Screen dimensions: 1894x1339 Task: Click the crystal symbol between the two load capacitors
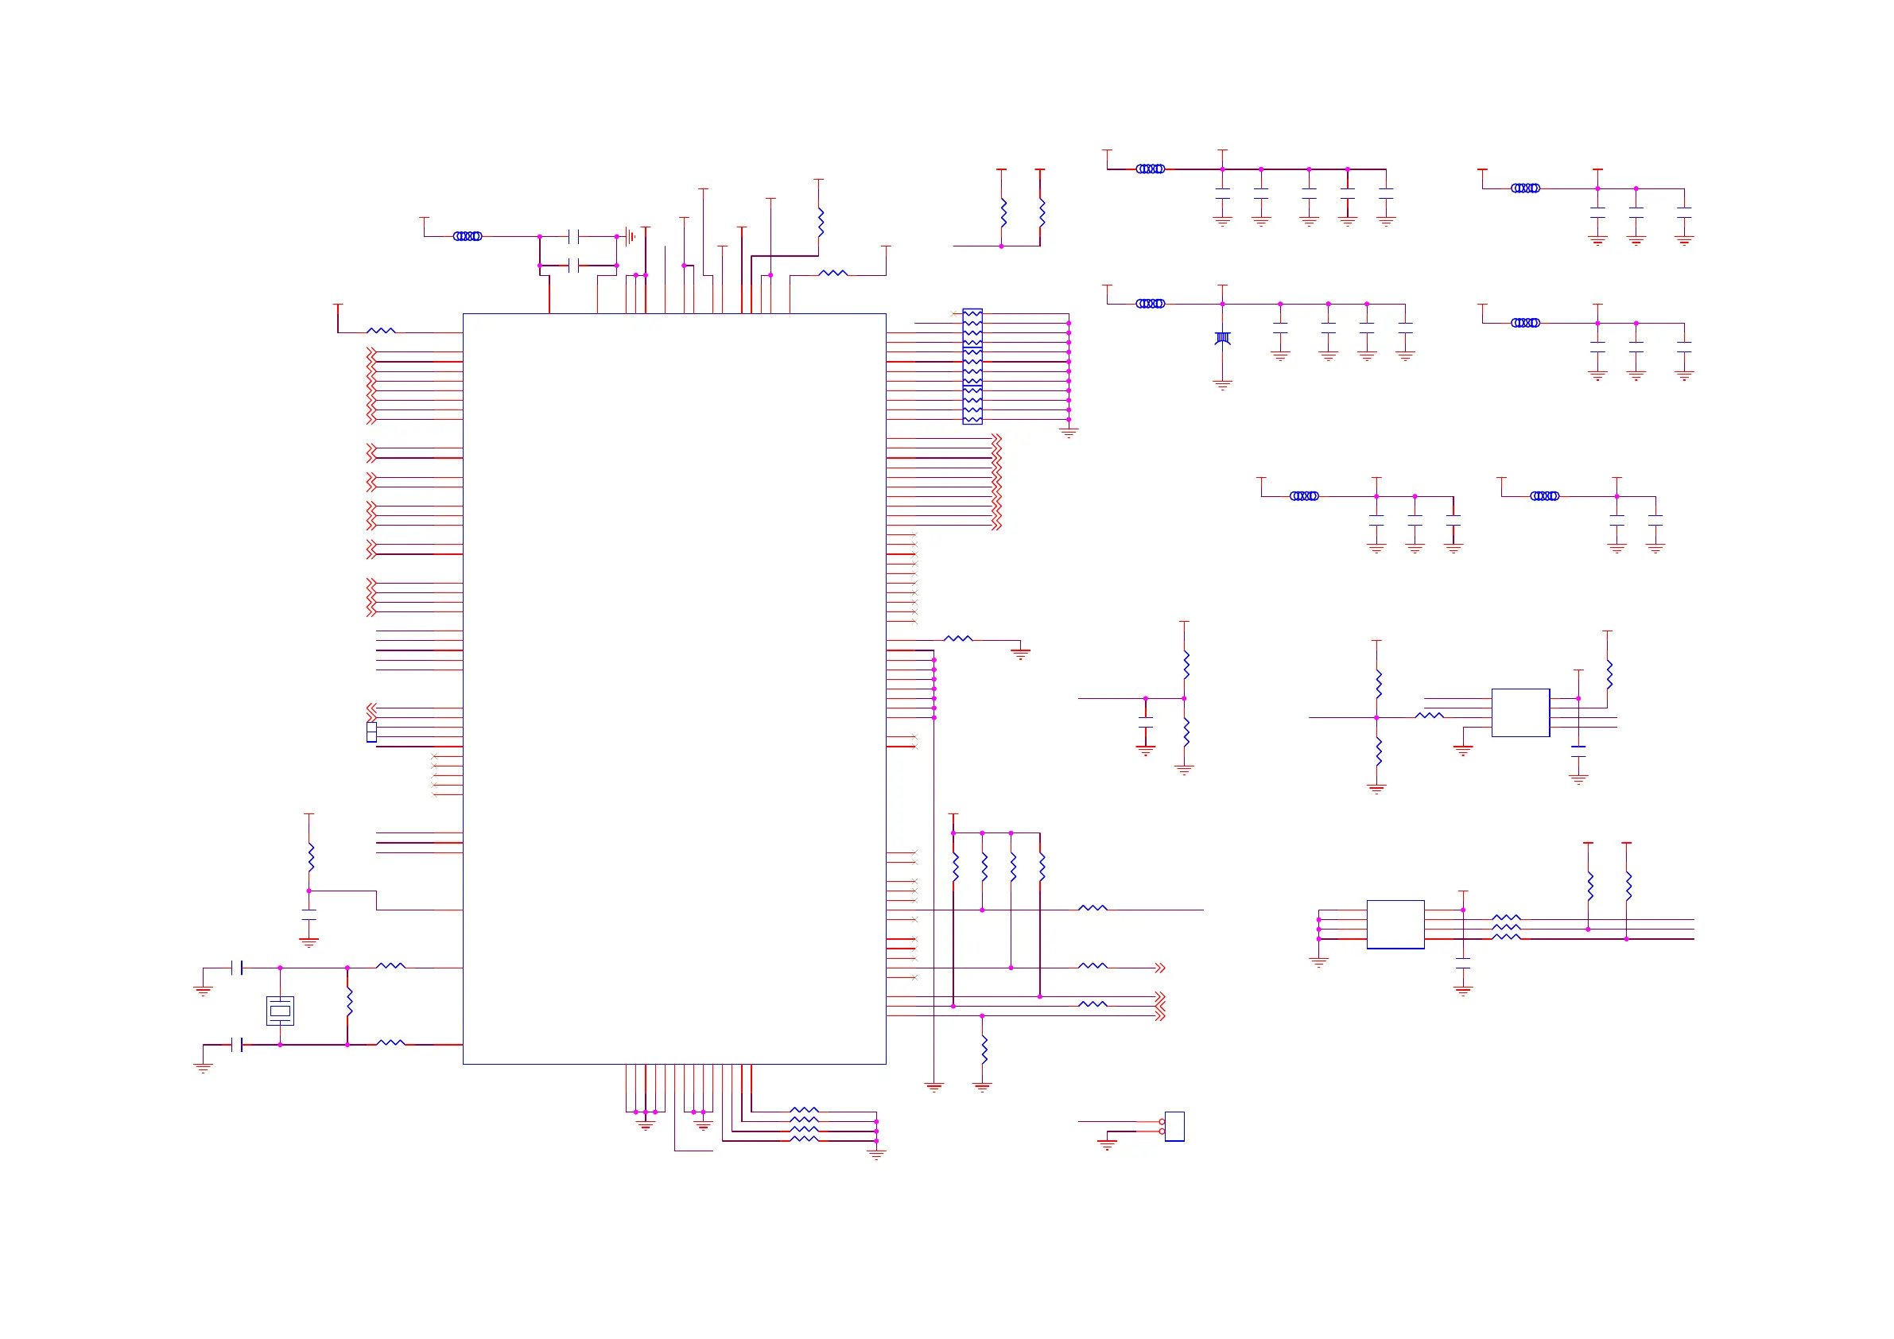tap(280, 1010)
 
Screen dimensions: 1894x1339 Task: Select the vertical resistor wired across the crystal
tap(349, 1002)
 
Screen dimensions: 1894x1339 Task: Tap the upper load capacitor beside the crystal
tap(238, 968)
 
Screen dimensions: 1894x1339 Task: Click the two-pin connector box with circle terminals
tap(1174, 1126)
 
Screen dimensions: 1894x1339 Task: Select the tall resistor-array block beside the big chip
tap(972, 367)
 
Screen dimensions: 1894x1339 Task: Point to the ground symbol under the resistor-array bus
tap(1069, 432)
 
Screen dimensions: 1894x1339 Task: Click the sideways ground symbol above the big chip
tap(630, 237)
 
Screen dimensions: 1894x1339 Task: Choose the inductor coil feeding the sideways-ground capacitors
tap(467, 236)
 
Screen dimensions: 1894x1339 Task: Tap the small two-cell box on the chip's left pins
tap(371, 732)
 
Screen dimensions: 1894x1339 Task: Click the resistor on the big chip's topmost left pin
tap(380, 332)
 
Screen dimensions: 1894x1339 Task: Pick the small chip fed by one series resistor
tap(1519, 712)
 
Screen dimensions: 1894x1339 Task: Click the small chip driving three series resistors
tap(1395, 924)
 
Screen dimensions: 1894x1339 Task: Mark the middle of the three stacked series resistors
tap(1505, 928)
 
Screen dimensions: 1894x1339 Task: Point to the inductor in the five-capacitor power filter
tap(1150, 169)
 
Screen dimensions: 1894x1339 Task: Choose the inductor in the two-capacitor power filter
tap(1544, 496)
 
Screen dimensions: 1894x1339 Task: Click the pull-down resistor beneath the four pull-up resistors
tap(984, 1049)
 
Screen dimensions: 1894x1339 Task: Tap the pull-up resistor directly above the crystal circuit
tap(310, 857)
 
